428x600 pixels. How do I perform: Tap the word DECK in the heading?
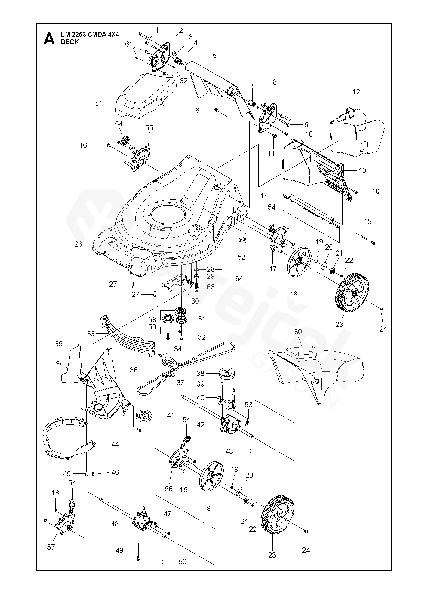click(70, 42)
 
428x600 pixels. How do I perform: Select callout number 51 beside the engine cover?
click(98, 103)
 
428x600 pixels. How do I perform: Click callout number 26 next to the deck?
click(78, 244)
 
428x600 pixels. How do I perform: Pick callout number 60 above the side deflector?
click(298, 332)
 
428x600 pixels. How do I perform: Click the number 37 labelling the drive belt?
click(180, 382)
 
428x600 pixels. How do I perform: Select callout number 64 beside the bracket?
click(239, 278)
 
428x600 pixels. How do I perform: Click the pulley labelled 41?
click(144, 423)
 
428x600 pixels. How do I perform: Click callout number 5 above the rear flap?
click(214, 56)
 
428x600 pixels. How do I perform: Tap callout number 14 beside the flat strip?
click(264, 196)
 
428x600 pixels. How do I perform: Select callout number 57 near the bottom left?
click(51, 555)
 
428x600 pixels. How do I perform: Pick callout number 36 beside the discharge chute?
click(134, 370)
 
